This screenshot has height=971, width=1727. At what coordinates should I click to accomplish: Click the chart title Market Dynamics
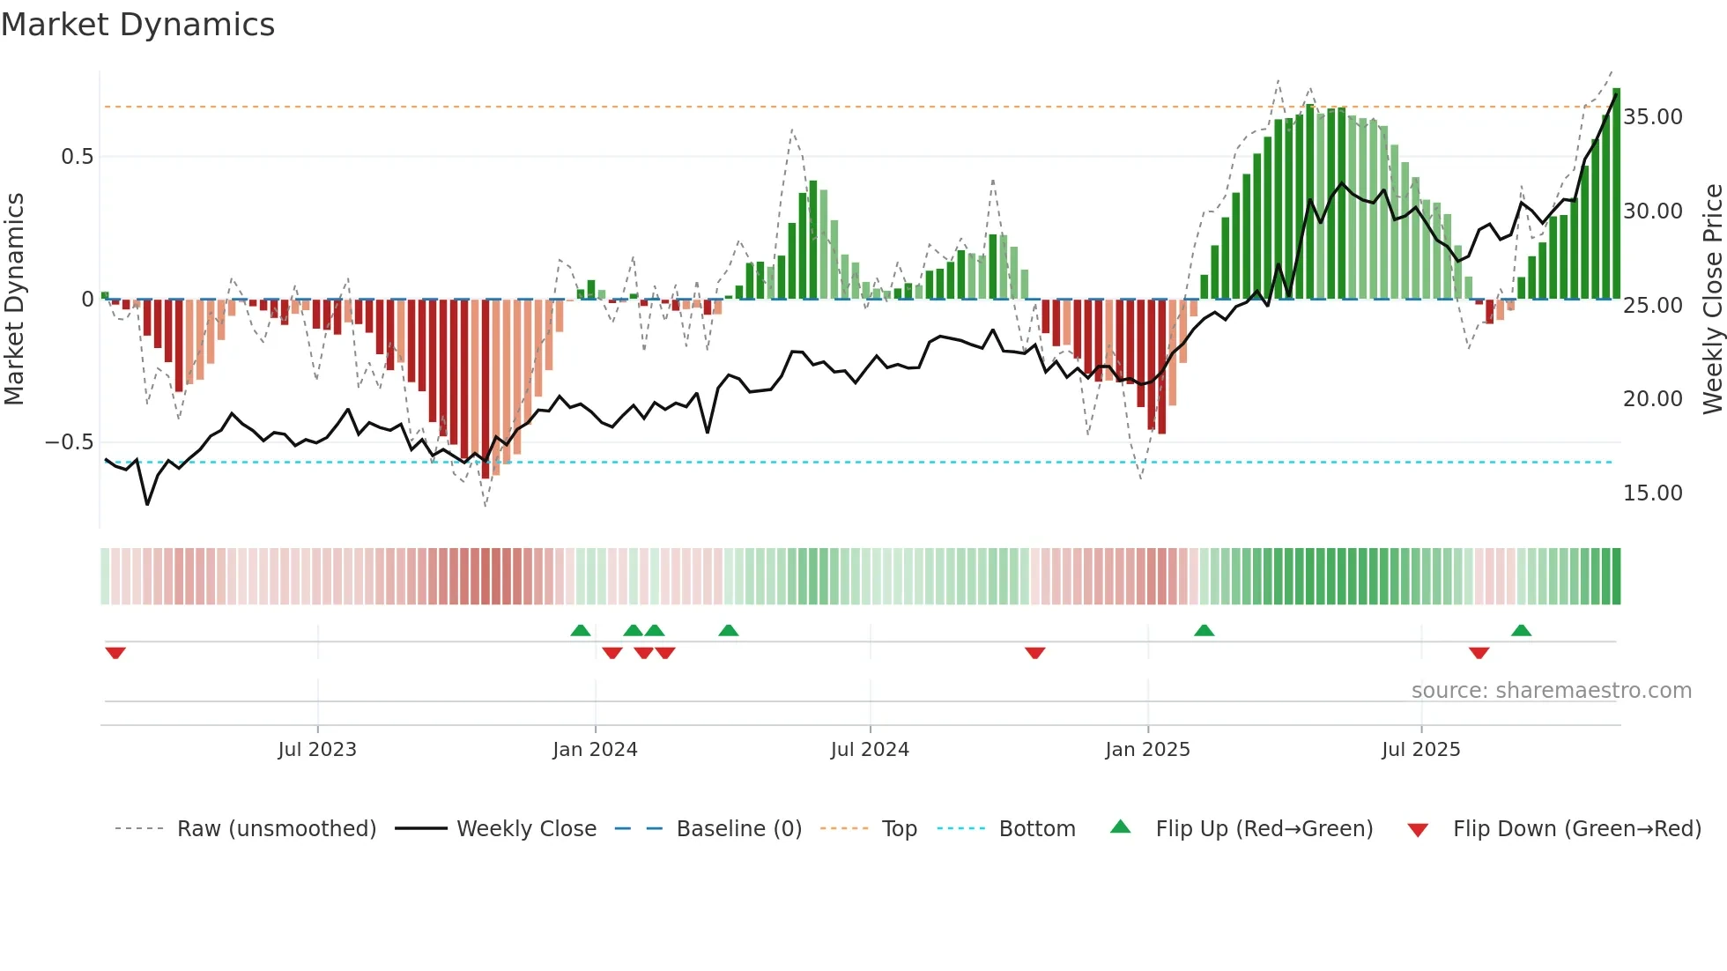pyautogui.click(x=137, y=25)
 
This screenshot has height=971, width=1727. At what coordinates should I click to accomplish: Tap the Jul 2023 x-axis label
pyautogui.click(x=317, y=750)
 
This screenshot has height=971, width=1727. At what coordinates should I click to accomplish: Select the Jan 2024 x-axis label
pyautogui.click(x=595, y=750)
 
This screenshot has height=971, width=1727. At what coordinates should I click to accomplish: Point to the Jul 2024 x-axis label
pyautogui.click(x=870, y=750)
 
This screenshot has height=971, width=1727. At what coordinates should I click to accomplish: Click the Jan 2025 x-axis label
pyautogui.click(x=1147, y=750)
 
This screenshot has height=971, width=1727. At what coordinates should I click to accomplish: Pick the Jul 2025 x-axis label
pyautogui.click(x=1420, y=750)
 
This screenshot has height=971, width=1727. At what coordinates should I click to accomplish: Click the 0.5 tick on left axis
pyautogui.click(x=77, y=157)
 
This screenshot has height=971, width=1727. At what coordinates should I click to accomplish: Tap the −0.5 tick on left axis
pyautogui.click(x=70, y=442)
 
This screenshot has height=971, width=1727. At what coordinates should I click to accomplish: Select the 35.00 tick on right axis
pyautogui.click(x=1653, y=117)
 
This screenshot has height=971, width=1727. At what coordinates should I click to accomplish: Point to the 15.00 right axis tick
pyautogui.click(x=1653, y=493)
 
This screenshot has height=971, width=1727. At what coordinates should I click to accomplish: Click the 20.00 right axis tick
pyautogui.click(x=1653, y=399)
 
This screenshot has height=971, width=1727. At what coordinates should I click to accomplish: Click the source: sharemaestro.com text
pyautogui.click(x=1551, y=691)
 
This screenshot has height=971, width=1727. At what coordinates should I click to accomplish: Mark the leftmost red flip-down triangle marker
pyautogui.click(x=115, y=653)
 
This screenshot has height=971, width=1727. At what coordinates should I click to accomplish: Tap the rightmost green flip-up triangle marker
pyautogui.click(x=1521, y=630)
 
